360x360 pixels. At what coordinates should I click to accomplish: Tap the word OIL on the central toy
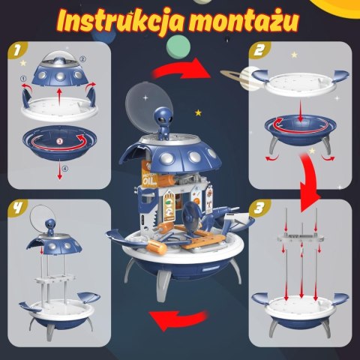146,180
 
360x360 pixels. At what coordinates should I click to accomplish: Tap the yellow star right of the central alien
198,112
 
